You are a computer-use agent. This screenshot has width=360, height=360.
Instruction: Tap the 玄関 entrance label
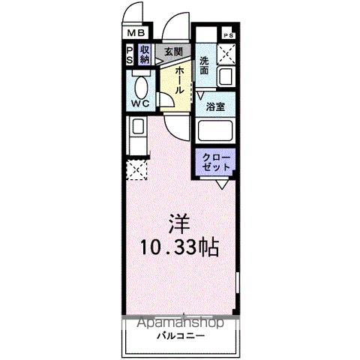173,51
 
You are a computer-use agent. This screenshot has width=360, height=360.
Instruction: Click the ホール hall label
180,79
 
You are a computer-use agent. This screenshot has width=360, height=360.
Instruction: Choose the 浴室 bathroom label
216,106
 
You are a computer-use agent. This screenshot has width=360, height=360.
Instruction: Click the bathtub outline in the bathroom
216,132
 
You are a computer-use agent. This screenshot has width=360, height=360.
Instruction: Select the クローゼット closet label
216,163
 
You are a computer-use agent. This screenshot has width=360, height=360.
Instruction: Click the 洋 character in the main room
178,223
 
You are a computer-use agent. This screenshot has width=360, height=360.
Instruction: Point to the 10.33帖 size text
178,247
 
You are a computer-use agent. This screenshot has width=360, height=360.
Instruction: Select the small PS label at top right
228,35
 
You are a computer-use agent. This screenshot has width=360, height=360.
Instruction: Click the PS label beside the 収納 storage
130,55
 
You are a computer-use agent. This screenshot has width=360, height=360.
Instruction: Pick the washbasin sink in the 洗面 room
226,76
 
